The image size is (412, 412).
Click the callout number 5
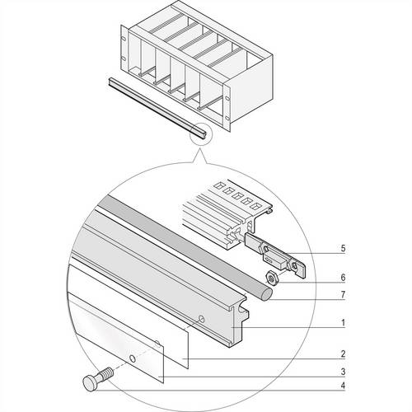(343, 248)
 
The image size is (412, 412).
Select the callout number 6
(343, 277)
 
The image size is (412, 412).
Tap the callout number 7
(343, 295)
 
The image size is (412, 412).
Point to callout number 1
(343, 323)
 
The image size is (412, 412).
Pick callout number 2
(343, 354)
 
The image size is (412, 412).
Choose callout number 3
(343, 372)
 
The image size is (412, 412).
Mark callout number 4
(343, 386)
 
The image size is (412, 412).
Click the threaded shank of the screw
(107, 372)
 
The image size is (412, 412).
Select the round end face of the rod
(266, 295)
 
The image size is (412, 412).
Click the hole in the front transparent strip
(133, 358)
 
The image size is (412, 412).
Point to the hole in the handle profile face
(202, 319)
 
